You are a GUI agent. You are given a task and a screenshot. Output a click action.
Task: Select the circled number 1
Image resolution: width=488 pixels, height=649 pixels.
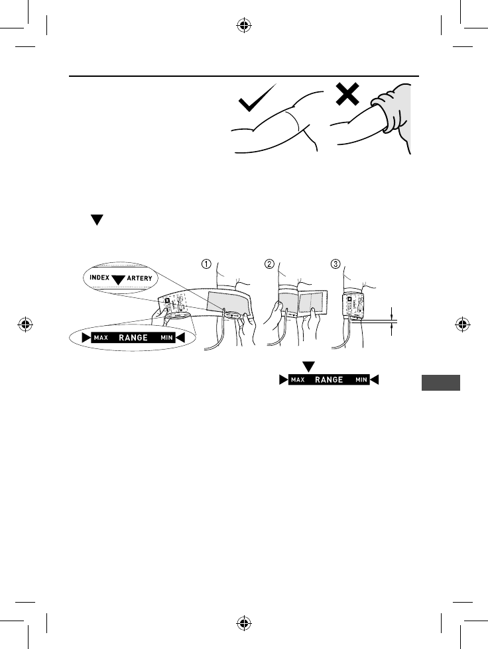(206, 263)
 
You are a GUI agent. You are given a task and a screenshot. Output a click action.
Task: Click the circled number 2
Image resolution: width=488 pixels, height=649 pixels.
(270, 263)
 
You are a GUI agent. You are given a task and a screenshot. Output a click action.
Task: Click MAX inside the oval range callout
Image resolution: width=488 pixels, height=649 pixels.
(100, 338)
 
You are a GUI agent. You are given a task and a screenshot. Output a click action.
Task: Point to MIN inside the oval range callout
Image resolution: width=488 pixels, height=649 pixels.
(167, 338)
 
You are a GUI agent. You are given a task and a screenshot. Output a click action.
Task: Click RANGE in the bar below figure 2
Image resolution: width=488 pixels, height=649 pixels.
(329, 380)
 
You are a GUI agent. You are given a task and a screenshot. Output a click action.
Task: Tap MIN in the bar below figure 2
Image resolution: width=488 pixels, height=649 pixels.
(361, 380)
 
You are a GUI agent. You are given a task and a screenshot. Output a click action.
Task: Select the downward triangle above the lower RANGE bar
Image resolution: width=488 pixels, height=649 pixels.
(308, 366)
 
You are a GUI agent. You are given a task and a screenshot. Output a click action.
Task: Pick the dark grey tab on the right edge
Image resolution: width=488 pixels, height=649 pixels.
(440, 383)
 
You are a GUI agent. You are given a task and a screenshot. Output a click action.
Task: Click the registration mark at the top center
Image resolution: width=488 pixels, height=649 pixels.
(243, 27)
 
